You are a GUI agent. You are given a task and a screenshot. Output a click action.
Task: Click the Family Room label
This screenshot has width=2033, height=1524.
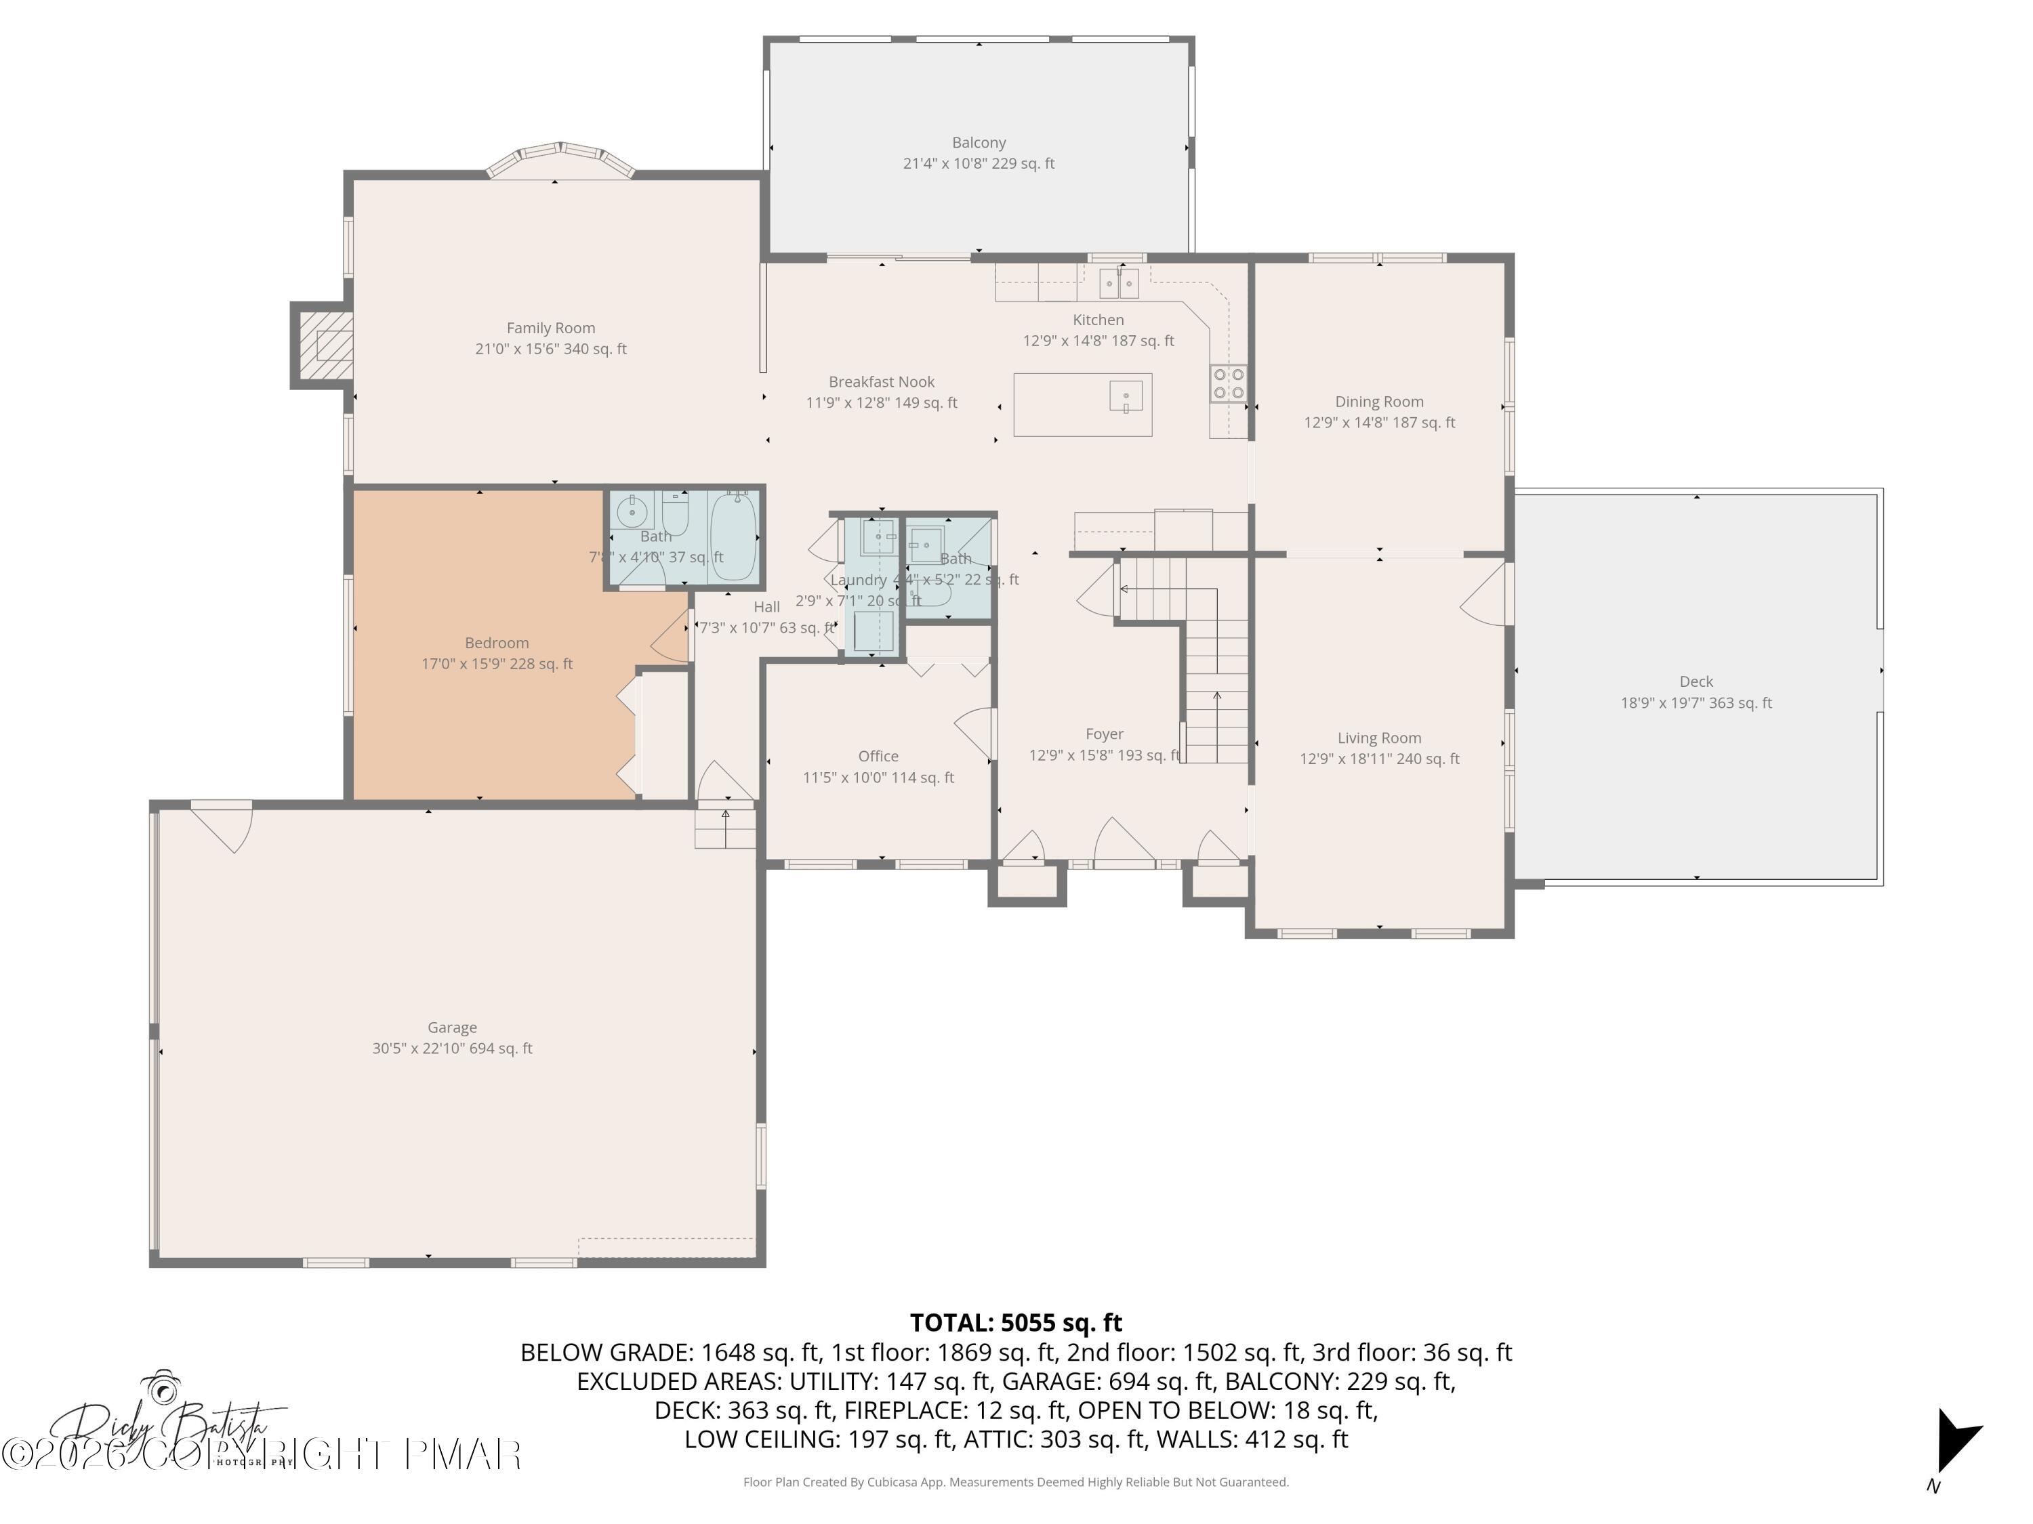(550, 328)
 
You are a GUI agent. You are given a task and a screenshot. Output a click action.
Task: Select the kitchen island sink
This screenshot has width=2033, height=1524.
(1126, 398)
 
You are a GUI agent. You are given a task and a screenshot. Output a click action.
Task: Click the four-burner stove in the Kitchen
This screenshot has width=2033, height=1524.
(1228, 383)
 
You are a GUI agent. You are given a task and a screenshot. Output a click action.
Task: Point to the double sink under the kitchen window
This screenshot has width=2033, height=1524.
(1119, 283)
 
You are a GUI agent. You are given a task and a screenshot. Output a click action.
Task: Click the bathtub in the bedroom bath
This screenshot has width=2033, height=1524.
(733, 536)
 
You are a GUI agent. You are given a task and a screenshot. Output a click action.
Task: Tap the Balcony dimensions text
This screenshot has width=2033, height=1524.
(979, 163)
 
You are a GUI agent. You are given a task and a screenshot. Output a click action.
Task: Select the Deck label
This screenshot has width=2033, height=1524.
(1696, 681)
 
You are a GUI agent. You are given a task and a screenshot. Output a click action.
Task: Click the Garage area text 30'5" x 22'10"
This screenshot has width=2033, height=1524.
(452, 1048)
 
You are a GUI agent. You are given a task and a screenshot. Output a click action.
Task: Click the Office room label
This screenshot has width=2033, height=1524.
(878, 756)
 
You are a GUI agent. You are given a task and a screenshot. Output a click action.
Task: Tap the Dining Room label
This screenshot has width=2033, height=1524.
(1378, 402)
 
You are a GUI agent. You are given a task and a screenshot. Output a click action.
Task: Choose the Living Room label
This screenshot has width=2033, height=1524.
(1378, 738)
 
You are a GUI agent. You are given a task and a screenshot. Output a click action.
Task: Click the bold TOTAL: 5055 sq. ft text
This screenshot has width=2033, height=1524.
(1016, 1323)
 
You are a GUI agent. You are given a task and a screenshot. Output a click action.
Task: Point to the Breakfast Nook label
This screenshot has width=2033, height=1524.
(882, 381)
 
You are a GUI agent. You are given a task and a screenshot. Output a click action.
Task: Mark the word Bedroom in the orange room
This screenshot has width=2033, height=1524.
(496, 643)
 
